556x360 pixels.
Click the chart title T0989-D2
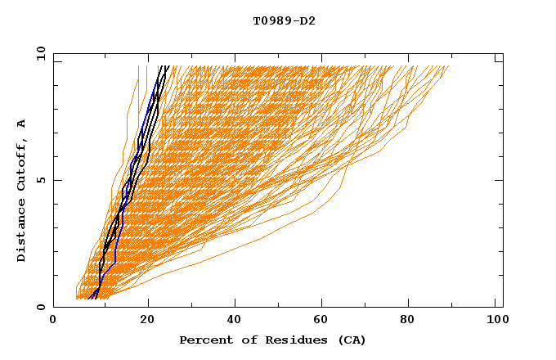[x=284, y=20]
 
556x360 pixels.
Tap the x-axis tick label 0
[x=53, y=321]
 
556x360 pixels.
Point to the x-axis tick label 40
[x=235, y=321]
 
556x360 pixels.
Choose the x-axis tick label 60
[x=323, y=321]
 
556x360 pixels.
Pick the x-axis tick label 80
[x=410, y=321]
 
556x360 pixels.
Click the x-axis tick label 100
[x=495, y=321]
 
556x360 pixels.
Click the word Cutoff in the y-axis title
[x=22, y=166]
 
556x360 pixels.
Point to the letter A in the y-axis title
[x=22, y=124]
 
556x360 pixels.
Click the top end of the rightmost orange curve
[x=449, y=66]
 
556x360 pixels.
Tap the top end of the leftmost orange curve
[x=138, y=66]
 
